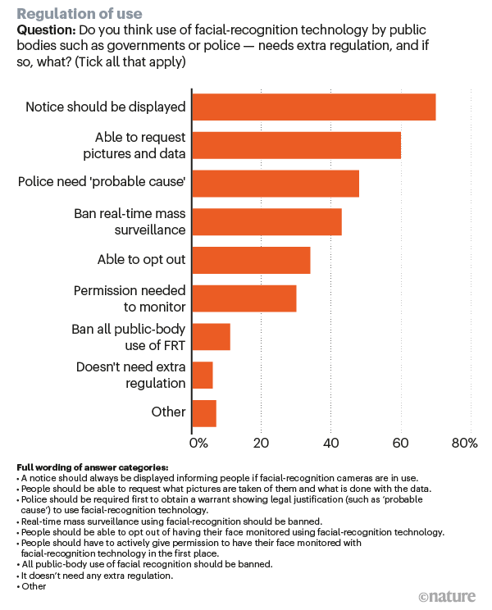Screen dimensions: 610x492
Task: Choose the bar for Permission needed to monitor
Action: (x=244, y=298)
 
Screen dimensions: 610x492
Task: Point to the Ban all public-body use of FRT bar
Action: (x=211, y=337)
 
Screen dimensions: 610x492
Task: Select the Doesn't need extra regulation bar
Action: (x=202, y=375)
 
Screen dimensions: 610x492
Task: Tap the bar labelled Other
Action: (x=203, y=412)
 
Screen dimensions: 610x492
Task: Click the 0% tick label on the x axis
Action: (x=199, y=444)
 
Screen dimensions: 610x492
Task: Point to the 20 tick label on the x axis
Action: (x=261, y=444)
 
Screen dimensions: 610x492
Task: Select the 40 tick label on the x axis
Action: (x=330, y=444)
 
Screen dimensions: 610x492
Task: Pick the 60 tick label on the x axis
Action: (x=400, y=444)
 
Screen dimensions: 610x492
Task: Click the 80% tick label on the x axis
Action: (x=464, y=444)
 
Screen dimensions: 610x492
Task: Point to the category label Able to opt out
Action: (x=141, y=260)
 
